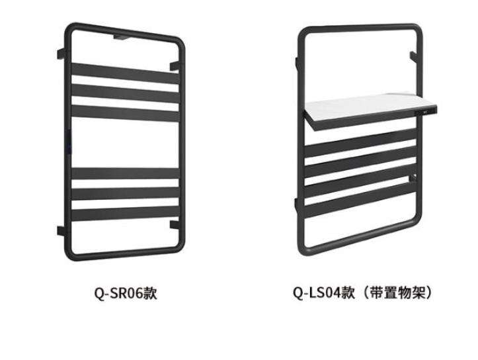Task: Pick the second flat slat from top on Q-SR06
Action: point(125,92)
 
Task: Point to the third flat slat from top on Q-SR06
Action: point(125,112)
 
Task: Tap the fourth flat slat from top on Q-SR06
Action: point(125,173)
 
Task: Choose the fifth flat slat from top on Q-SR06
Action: point(125,194)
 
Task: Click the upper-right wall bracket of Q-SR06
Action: point(175,64)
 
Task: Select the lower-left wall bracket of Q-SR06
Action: point(61,231)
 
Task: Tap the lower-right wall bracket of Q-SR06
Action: point(175,224)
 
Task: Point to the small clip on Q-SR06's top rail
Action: point(123,38)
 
